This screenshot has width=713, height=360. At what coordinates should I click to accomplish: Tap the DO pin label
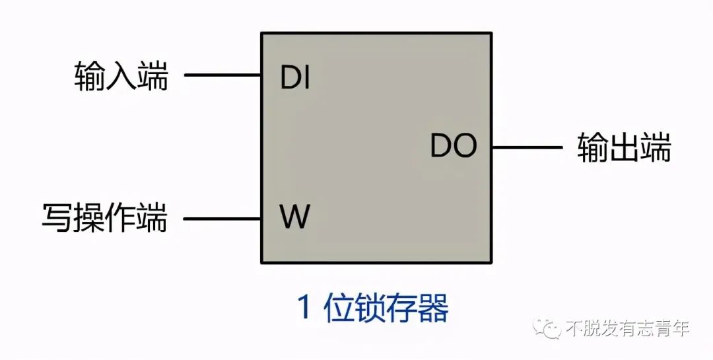point(453,146)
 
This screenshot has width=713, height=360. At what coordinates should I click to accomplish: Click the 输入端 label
point(121,75)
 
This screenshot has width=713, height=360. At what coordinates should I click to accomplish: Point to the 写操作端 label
point(104,218)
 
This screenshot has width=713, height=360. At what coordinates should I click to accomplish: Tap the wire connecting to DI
point(222,75)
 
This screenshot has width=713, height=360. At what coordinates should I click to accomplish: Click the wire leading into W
point(222,219)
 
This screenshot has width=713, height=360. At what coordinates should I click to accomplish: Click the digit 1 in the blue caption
point(304,308)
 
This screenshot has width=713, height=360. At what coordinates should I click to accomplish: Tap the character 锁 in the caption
point(370,308)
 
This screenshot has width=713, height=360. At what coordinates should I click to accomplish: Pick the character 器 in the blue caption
point(432,308)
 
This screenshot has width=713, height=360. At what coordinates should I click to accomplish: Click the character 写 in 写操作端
point(57,218)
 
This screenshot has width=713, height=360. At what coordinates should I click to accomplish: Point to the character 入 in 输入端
point(121,75)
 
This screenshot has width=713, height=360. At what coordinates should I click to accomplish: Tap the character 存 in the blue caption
point(401,308)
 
